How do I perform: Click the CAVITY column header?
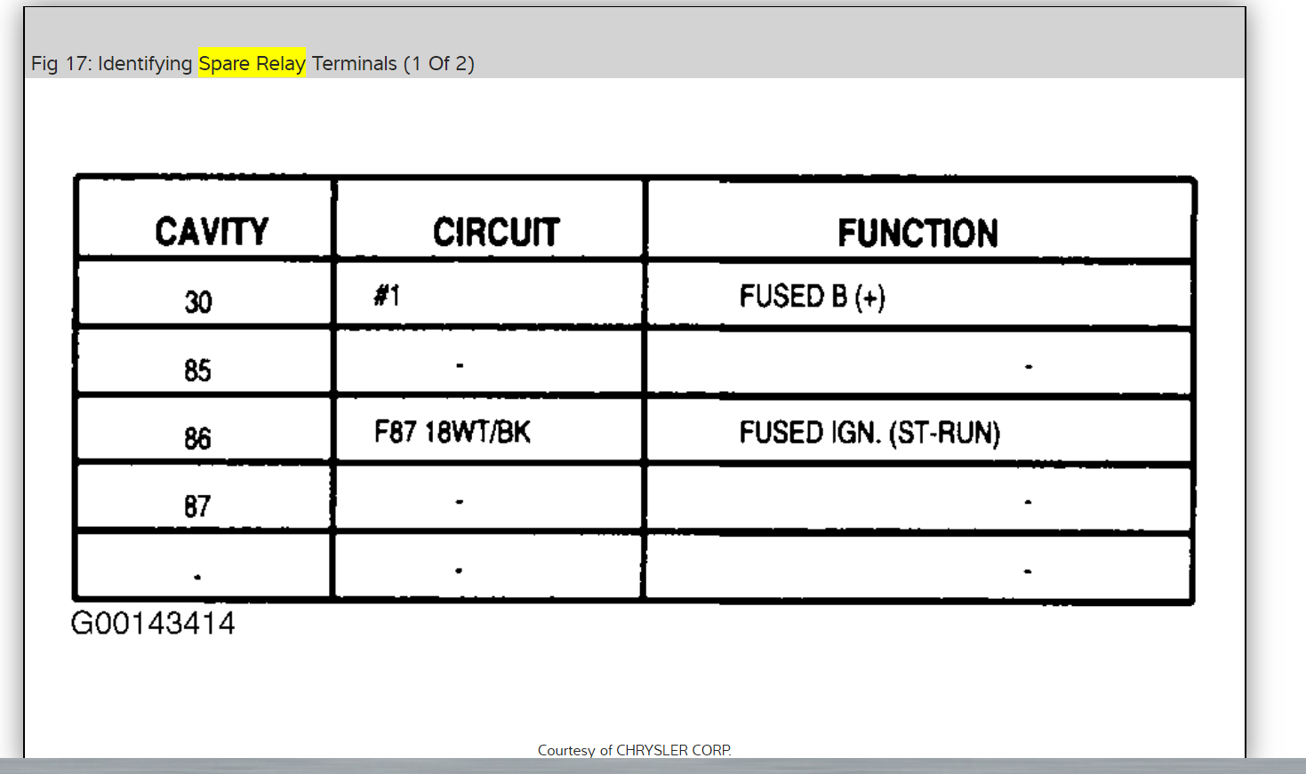(x=212, y=232)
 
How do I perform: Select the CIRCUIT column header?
(x=496, y=233)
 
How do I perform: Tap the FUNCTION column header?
(x=917, y=234)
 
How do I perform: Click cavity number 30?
(x=198, y=302)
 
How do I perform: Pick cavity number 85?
(x=197, y=370)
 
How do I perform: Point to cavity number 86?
(x=197, y=438)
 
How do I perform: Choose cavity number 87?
(x=197, y=507)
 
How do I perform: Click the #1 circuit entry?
(x=387, y=295)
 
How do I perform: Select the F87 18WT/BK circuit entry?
(x=452, y=433)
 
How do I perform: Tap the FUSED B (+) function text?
(x=812, y=297)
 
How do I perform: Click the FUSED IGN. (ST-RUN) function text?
(x=869, y=434)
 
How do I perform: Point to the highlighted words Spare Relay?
(x=252, y=63)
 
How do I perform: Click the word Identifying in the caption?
(x=145, y=64)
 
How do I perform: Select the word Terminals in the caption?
(x=354, y=63)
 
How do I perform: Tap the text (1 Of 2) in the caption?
(x=439, y=63)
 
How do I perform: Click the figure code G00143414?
(x=153, y=623)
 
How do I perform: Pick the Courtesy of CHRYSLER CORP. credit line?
(x=634, y=750)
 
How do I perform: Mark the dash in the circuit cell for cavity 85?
(x=460, y=365)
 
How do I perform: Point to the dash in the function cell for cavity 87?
(x=1028, y=502)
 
